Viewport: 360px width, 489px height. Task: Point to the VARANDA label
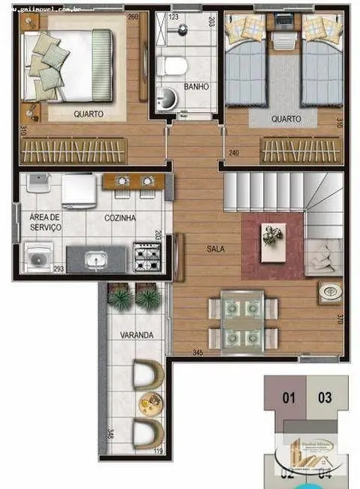(137, 334)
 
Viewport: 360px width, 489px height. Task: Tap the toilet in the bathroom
(175, 66)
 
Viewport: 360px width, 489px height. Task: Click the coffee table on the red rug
(271, 235)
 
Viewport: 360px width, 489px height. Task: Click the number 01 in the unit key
(287, 398)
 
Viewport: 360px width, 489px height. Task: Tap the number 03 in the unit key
(325, 398)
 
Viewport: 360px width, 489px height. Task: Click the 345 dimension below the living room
(198, 352)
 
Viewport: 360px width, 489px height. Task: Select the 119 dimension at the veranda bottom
(158, 451)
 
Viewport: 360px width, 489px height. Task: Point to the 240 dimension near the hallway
(233, 153)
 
